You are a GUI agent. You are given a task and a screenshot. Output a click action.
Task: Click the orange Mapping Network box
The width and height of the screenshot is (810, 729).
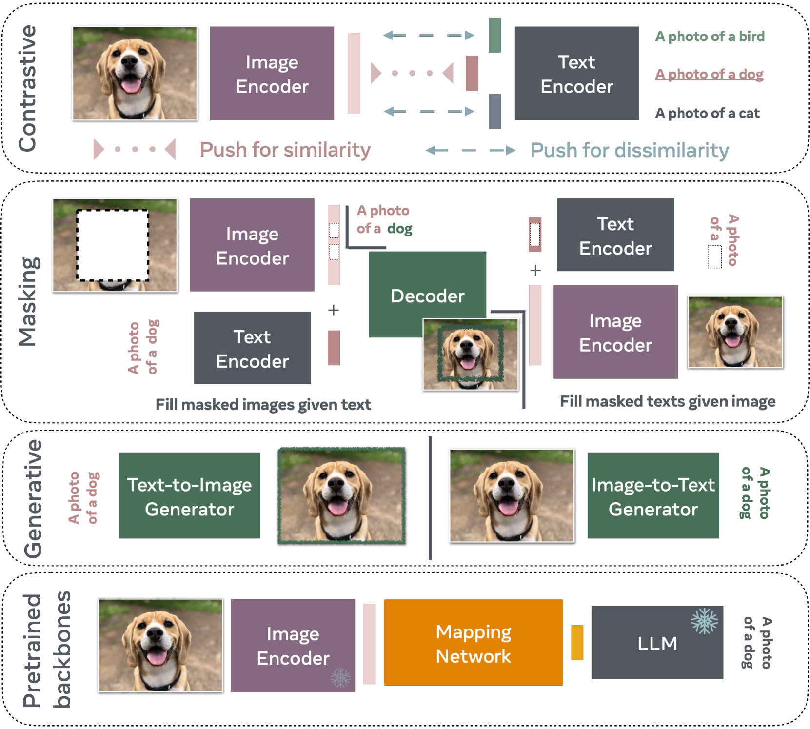(x=473, y=643)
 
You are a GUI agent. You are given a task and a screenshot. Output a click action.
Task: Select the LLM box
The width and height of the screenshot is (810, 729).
(x=656, y=643)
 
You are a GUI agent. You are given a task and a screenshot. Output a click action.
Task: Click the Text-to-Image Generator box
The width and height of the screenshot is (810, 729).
(x=189, y=495)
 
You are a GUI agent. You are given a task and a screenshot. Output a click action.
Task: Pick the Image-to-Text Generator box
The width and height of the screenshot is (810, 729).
(x=652, y=495)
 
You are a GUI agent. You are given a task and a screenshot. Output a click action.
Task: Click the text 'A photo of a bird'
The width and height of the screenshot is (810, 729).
(x=710, y=37)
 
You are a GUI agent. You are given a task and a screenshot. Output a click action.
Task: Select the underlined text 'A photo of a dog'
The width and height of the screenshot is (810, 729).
(x=709, y=74)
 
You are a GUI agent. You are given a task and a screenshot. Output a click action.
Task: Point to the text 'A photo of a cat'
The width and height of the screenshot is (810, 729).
(x=707, y=113)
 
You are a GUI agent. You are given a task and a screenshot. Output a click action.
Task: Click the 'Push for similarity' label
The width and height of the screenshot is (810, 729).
(x=285, y=150)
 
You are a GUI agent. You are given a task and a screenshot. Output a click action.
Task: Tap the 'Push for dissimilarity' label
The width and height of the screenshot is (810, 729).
(x=629, y=150)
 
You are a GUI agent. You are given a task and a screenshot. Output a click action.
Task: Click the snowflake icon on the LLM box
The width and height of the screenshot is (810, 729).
(x=704, y=621)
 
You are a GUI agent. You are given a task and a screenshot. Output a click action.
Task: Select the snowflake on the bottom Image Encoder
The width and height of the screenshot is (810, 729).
(x=340, y=677)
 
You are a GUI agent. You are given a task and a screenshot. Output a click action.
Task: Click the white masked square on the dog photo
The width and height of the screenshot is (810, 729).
(x=113, y=245)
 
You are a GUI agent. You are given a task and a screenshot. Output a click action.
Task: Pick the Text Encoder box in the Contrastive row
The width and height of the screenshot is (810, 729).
(x=576, y=73)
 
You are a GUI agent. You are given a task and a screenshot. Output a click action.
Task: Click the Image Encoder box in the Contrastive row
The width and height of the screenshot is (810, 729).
(x=272, y=73)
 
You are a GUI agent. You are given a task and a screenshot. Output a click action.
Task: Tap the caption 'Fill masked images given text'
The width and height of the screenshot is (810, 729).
(x=263, y=404)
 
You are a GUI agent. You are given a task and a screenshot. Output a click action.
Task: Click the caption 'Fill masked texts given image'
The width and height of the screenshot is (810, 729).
(x=667, y=401)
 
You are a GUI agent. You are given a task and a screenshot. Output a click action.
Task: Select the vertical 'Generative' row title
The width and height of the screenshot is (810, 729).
(x=33, y=498)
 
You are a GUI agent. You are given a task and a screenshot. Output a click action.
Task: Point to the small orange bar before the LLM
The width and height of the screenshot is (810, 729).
(x=577, y=642)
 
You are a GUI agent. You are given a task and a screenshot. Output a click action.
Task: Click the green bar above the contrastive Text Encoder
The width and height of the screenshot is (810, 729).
(x=494, y=35)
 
